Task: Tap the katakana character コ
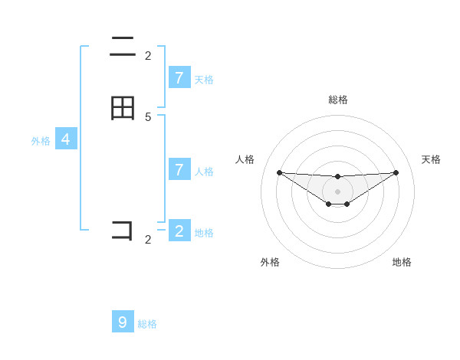coord(123,230)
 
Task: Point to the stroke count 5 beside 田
coord(148,116)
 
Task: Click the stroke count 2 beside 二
coord(148,55)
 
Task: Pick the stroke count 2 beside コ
coord(148,240)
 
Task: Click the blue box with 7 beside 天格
coord(179,77)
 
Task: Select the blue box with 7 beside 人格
coord(179,169)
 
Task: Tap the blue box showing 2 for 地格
coord(179,231)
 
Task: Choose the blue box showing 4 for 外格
coord(66,139)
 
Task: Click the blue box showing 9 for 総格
coord(123,322)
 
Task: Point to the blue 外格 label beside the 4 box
coord(41,141)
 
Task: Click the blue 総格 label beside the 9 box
coord(147,324)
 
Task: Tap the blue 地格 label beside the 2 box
coord(204,233)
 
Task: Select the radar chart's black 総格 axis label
coord(338,100)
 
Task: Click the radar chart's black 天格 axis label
coord(432,159)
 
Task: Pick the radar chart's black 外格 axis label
coord(270,262)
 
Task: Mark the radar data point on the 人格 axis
coord(279,172)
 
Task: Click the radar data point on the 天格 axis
coord(396,172)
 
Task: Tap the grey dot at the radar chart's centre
coord(337,191)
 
